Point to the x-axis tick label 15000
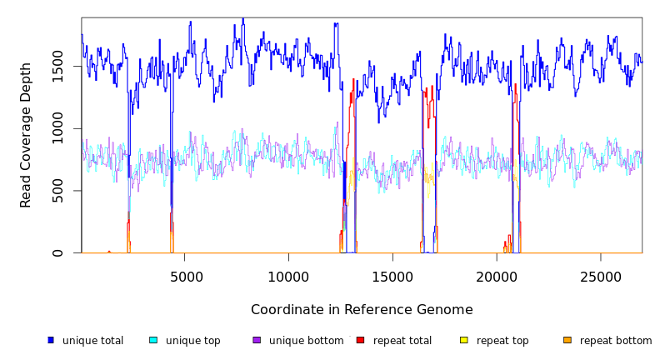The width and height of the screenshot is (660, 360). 392,277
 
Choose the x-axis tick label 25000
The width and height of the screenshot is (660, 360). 600,277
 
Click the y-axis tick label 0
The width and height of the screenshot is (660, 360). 57,253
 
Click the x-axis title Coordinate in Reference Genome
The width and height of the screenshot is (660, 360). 362,310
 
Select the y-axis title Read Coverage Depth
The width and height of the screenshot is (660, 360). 27,135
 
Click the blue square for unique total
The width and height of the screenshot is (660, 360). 51,340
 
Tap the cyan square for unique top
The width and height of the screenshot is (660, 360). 153,340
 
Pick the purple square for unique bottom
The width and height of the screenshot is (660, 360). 257,340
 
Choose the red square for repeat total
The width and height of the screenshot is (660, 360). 360,340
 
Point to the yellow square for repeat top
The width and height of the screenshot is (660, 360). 464,340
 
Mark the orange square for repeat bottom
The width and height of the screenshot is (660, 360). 567,340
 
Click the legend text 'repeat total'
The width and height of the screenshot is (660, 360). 402,341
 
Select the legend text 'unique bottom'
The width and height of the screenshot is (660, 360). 306,341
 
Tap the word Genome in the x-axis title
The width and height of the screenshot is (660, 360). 446,310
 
